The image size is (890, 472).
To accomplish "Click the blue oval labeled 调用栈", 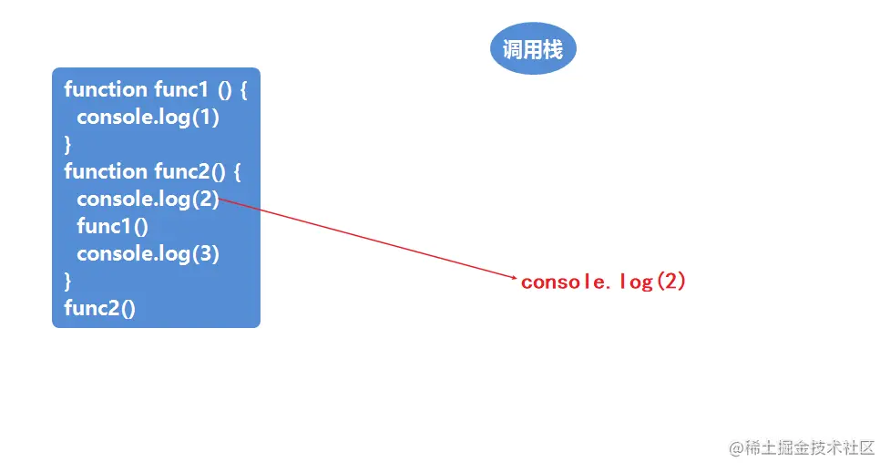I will click(533, 49).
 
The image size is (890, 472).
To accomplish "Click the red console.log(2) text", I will click(603, 282).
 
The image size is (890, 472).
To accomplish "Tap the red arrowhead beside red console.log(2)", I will click(515, 278).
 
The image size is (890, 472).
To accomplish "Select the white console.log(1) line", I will click(148, 117).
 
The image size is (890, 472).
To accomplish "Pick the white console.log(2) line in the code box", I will click(148, 199).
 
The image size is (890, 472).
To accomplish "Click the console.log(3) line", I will click(148, 253).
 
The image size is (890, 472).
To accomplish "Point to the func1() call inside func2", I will click(112, 226).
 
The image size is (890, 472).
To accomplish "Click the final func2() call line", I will click(100, 308).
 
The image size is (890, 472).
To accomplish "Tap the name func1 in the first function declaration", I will click(181, 89).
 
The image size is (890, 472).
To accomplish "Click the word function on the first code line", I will click(106, 89).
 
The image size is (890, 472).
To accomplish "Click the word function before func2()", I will click(106, 171).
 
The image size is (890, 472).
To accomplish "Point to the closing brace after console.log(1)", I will click(67, 144).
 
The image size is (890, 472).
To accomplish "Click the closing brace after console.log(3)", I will click(67, 281).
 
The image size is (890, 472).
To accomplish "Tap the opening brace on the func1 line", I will click(244, 89).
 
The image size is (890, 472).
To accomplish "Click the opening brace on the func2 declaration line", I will click(236, 171).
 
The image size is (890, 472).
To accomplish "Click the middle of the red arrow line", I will click(368, 239).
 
